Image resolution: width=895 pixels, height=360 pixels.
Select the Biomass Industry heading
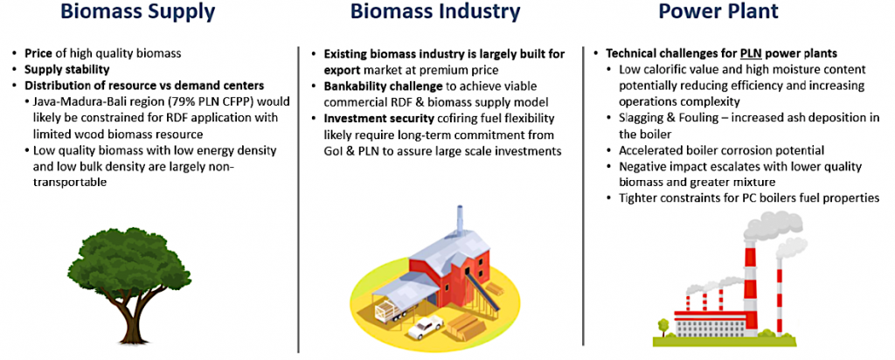(x=435, y=12)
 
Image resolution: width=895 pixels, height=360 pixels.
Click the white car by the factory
(x=426, y=326)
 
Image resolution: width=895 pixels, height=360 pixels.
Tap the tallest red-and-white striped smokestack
(x=748, y=285)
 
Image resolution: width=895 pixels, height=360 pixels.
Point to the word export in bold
(x=340, y=71)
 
